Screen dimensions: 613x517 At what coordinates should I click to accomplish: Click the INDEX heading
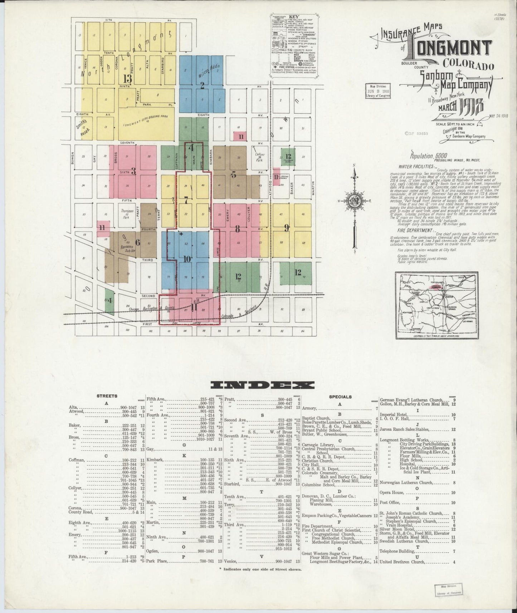pos(263,385)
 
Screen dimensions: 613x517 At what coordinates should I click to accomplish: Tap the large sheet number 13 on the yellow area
pos(127,78)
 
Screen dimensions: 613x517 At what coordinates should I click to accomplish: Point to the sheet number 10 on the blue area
pos(187,259)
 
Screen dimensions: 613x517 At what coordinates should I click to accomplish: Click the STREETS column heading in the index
pos(107,396)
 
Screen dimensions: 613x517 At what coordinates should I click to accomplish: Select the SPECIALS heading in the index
pos(340,397)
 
